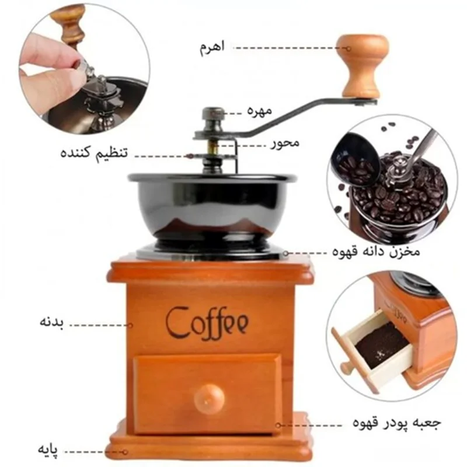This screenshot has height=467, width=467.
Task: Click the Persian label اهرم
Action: tap(212, 48)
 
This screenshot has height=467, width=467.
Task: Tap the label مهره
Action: tap(260, 111)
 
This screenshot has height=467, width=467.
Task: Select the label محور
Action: tap(285, 143)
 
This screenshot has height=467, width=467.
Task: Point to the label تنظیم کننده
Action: tap(94, 153)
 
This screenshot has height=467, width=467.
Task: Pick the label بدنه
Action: tap(52, 323)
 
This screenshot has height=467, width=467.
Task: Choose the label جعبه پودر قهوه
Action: tap(397, 422)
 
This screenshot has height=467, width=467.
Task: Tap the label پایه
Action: tap(48, 449)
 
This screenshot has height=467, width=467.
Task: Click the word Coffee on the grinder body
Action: tap(207, 323)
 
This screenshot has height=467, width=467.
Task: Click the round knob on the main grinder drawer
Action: tap(209, 398)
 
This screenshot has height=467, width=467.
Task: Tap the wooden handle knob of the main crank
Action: tap(363, 66)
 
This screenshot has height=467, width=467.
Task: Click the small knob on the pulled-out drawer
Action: tap(346, 368)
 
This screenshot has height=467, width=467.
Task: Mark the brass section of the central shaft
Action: tap(212, 147)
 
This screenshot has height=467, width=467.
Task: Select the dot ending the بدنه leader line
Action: tap(130, 326)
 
